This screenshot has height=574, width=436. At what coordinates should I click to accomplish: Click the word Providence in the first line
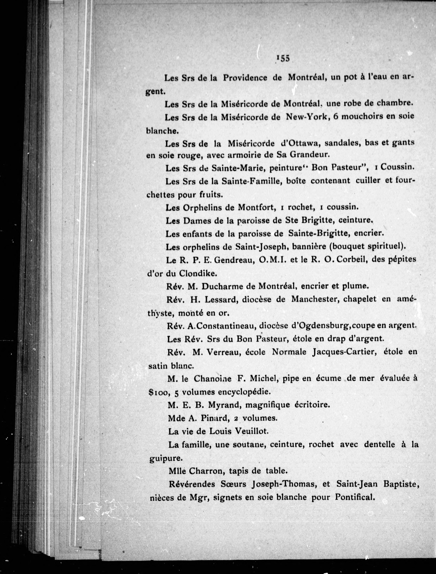pos(245,78)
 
